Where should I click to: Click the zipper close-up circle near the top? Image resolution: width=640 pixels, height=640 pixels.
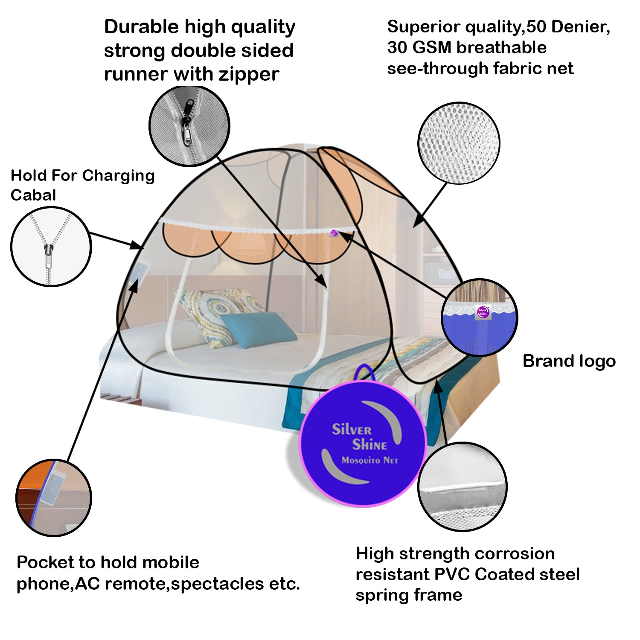[189, 126]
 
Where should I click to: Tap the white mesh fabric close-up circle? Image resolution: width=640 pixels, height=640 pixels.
[459, 143]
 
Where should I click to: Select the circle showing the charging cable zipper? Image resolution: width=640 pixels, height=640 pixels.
[51, 246]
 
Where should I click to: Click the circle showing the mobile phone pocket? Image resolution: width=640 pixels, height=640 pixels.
[54, 497]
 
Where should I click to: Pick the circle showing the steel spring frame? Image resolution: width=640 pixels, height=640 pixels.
[463, 486]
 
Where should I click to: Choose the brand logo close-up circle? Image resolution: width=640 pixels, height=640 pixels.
[479, 317]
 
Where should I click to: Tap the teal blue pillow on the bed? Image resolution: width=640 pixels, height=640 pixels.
[258, 329]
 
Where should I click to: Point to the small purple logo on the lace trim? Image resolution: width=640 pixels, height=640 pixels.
[334, 233]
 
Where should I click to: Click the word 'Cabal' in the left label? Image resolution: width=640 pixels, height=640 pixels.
[33, 195]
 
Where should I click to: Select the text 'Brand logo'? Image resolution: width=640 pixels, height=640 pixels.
[569, 361]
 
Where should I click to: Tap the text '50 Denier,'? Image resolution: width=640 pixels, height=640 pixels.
[568, 27]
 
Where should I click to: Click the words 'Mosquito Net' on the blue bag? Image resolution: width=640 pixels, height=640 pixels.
[369, 460]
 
